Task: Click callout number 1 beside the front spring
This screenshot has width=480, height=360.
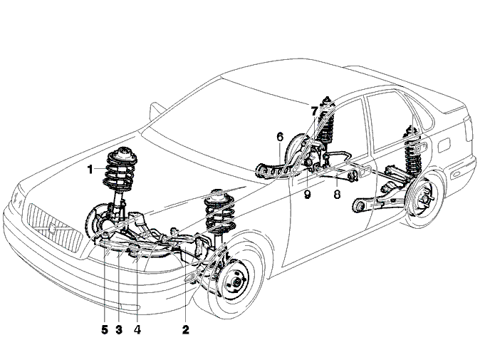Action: [x=90, y=169]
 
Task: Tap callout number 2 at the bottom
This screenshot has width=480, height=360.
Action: [x=185, y=329]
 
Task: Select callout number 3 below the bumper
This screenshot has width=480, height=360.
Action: [x=119, y=329]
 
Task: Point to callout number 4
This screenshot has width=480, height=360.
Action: [x=137, y=329]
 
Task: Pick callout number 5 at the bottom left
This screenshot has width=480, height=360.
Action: [x=105, y=329]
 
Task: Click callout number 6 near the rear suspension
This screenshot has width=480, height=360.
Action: [x=280, y=137]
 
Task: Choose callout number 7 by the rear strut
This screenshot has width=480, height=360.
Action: [x=314, y=111]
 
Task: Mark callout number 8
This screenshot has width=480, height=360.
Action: [x=337, y=194]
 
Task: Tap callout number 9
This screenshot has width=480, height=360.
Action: [x=308, y=194]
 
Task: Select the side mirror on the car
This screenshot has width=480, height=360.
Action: [x=156, y=112]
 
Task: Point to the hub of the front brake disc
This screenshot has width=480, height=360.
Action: [x=236, y=282]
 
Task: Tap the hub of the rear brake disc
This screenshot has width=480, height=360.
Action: [x=424, y=199]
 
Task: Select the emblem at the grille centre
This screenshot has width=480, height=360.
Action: [x=52, y=229]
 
